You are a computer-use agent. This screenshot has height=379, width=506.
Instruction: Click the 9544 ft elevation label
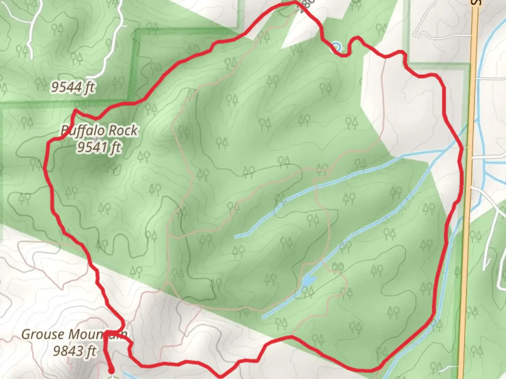point(73,87)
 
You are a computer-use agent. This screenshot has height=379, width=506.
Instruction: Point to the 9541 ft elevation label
point(99,147)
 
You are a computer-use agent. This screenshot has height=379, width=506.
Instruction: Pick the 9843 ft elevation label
point(74,350)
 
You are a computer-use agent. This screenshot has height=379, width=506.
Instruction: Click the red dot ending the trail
point(112,371)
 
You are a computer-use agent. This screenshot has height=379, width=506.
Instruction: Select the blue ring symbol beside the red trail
point(337,47)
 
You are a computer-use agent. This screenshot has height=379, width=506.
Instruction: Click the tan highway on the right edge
point(469,175)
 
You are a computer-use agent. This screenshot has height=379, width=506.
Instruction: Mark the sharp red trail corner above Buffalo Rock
point(75,111)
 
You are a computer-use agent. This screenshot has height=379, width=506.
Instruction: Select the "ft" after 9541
point(115,147)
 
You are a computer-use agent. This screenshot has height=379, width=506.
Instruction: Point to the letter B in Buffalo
point(64,131)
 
